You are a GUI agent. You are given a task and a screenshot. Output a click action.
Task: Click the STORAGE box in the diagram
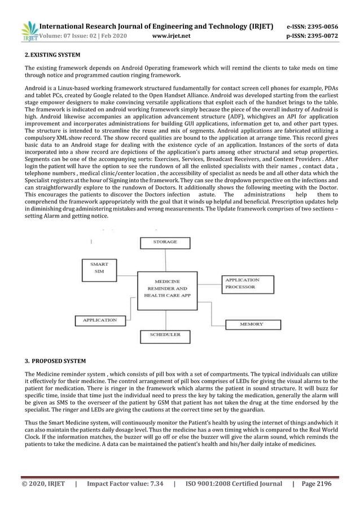[x=165, y=243]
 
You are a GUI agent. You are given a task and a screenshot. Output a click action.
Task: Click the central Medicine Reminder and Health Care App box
[x=165, y=288]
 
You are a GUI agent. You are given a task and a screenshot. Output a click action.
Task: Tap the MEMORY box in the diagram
[x=251, y=324]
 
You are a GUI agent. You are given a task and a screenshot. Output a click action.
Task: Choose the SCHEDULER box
[x=165, y=335]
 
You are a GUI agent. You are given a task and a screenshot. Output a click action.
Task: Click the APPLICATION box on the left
[x=100, y=321]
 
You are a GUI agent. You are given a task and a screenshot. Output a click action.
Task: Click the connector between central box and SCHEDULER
[x=165, y=318]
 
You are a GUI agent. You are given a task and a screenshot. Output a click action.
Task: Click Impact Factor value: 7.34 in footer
[x=125, y=484]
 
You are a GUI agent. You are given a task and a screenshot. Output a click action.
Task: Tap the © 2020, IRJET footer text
[x=43, y=484]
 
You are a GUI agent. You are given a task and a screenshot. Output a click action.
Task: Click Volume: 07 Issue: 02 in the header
[x=82, y=37]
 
